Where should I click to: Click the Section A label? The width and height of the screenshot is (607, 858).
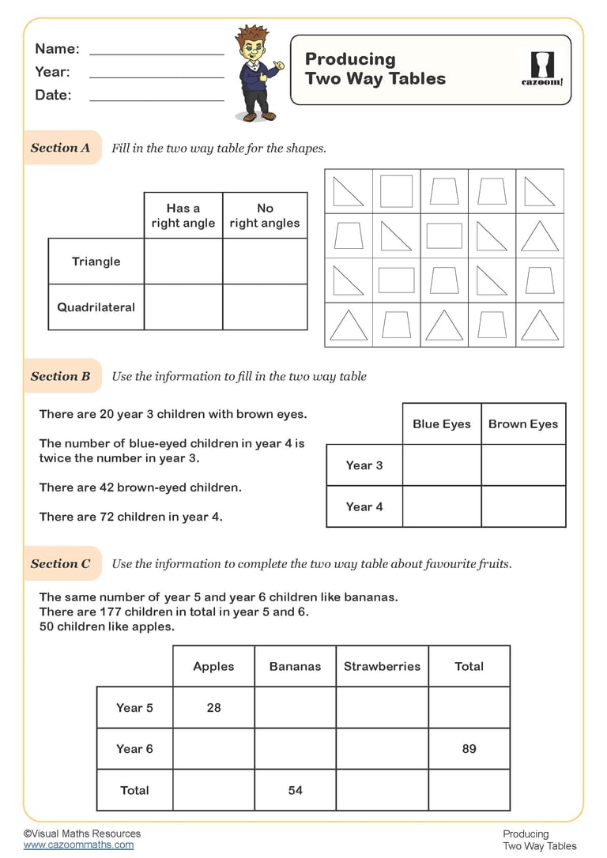tap(61, 148)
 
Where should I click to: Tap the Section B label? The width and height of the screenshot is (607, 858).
tap(61, 376)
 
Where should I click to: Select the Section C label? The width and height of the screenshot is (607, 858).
tap(61, 563)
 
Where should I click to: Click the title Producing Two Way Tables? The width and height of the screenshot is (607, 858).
tap(375, 69)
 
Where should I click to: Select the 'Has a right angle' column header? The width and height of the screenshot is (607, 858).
tap(183, 216)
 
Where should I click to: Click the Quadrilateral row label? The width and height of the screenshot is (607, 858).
tap(96, 307)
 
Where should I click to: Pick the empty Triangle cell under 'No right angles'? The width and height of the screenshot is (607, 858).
tap(265, 262)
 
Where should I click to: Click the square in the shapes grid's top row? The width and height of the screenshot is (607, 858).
tap(396, 191)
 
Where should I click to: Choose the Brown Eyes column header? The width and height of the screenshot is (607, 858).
tap(523, 424)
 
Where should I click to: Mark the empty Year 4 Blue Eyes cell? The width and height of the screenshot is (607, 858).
tap(442, 506)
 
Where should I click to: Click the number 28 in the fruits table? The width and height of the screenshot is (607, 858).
tap(213, 707)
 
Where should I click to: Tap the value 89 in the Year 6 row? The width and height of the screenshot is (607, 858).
tap(469, 748)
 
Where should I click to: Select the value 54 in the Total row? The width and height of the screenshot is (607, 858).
tap(295, 789)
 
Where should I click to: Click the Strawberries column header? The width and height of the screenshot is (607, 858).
tap(382, 666)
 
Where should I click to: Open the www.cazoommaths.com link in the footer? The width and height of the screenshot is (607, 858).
tap(78, 845)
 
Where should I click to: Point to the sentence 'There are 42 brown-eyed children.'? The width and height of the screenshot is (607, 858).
tap(141, 487)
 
